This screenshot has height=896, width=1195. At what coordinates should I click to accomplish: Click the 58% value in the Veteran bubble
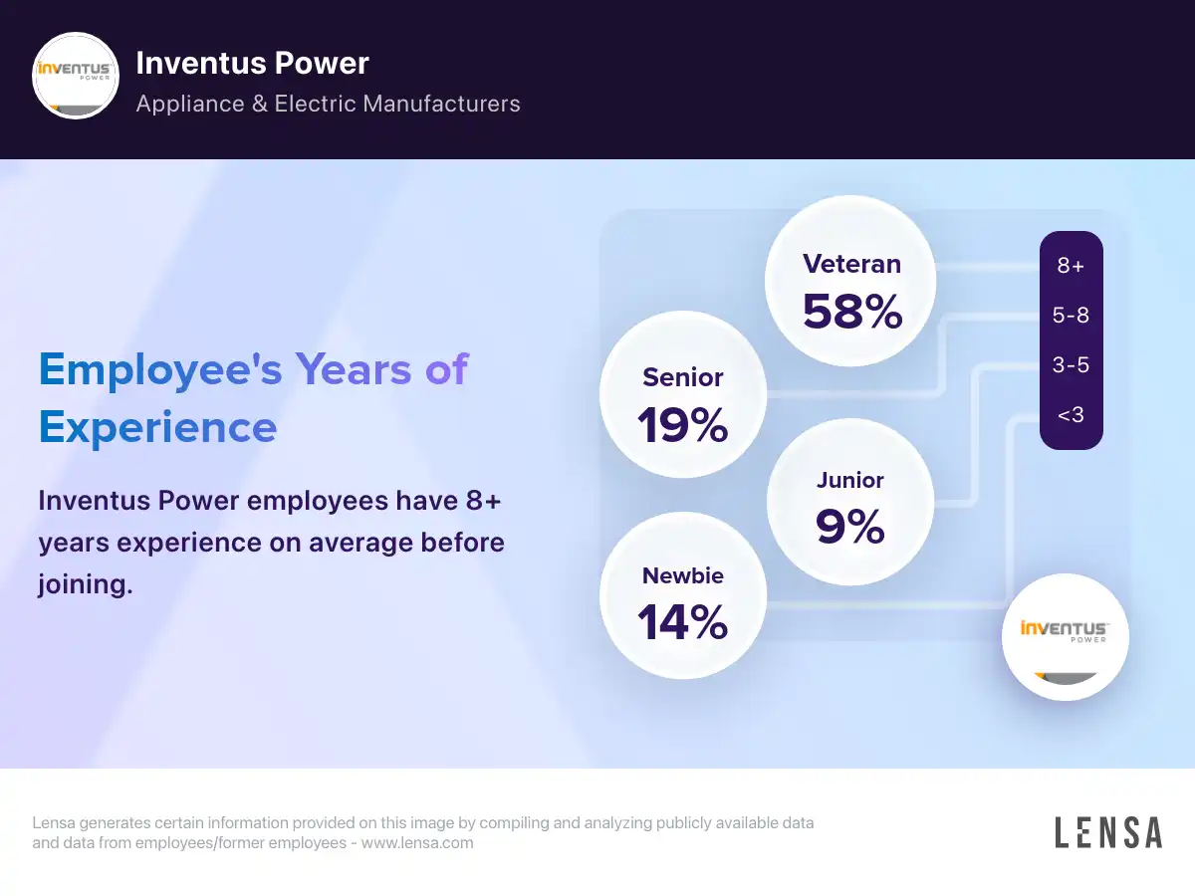point(852,312)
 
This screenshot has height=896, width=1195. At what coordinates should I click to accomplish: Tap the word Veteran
point(851,264)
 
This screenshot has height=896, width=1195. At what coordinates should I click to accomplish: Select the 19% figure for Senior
point(683,425)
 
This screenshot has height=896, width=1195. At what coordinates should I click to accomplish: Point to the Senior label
point(683,377)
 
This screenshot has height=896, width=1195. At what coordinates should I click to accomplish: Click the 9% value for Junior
point(849,527)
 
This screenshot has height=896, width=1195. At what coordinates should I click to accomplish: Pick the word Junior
point(849,480)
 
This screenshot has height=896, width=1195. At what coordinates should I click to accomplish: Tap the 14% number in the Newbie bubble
point(683,622)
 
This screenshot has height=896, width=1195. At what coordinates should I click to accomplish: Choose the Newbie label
point(683,575)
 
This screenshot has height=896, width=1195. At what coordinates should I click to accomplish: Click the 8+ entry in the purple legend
point(1071,266)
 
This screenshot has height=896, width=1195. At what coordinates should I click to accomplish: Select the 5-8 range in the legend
point(1071,316)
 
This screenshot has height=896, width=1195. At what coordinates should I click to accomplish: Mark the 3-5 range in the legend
point(1071,365)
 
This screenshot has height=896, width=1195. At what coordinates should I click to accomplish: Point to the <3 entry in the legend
point(1071,415)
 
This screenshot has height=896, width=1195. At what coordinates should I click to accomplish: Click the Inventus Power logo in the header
point(77,77)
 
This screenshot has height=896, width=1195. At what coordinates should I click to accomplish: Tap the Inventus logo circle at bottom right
point(1065,637)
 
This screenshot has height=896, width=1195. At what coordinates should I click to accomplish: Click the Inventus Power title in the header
point(252,63)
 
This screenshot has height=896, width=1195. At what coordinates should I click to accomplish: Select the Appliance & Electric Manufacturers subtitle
point(328,104)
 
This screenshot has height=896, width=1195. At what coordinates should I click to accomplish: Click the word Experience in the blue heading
point(157,427)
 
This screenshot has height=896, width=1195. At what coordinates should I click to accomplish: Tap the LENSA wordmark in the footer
point(1107,832)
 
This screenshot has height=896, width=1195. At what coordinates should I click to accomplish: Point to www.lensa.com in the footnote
point(417,843)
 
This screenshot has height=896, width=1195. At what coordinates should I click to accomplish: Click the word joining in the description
point(85,585)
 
